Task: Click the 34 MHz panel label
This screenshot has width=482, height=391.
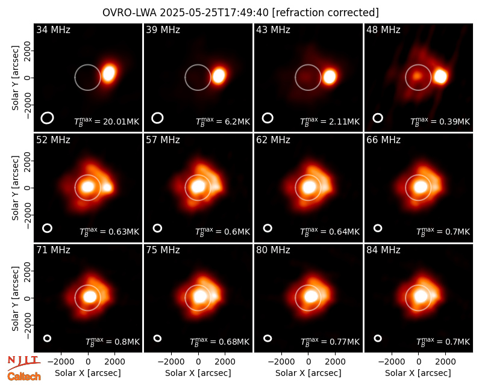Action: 53,29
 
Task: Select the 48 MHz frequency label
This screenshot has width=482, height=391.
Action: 383,29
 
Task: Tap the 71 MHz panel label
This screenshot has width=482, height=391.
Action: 53,250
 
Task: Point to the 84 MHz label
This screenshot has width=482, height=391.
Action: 383,250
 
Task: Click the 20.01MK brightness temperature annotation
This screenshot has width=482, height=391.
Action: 107,122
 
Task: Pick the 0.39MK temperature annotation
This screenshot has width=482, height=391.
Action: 440,122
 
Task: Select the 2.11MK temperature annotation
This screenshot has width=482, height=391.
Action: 330,122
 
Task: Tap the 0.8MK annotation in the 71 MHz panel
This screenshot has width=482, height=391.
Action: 113,342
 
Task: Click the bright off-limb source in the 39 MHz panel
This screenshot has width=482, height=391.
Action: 219,76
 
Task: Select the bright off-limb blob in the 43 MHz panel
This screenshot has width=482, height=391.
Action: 329,76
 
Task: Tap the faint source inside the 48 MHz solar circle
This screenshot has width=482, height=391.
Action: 417,75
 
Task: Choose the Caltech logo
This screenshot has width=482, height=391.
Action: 24,377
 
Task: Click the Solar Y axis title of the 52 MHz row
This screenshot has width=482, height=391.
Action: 15,188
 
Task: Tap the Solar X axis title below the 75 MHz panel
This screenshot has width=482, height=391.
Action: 198,373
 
